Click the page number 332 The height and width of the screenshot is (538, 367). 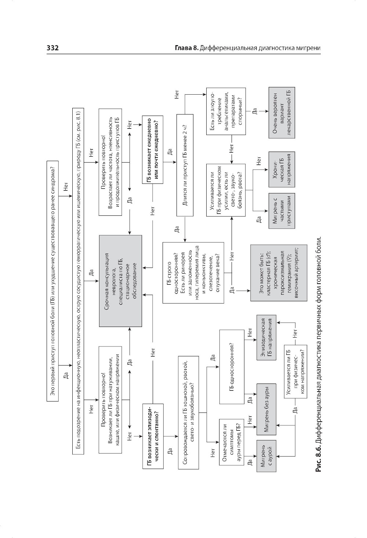(53, 48)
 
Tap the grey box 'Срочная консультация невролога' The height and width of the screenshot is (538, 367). (120, 281)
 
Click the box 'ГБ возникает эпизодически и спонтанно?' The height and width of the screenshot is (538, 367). (152, 436)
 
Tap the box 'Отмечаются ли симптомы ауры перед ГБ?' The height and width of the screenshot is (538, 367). (231, 442)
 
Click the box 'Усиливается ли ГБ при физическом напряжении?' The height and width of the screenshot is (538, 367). (295, 371)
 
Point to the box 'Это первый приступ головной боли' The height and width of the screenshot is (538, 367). (54, 281)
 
